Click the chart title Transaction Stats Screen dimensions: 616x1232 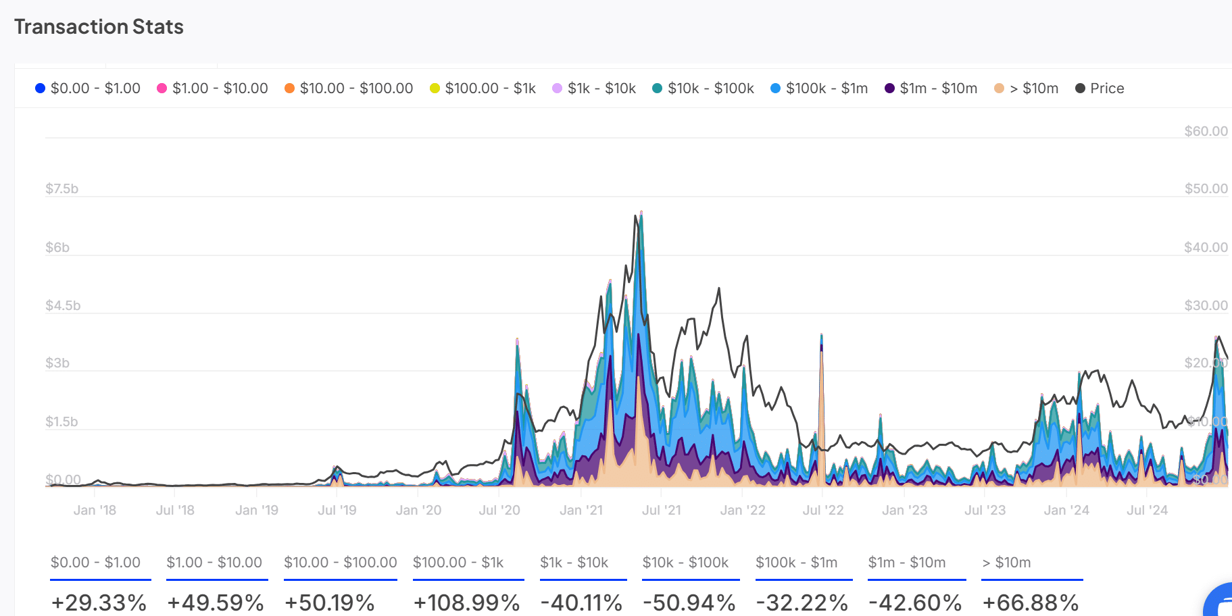click(99, 26)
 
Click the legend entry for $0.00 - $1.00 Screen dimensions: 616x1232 click(88, 88)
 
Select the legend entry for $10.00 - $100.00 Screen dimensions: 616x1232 click(349, 88)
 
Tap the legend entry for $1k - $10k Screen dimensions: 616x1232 click(594, 88)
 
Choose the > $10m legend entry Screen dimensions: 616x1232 click(1026, 88)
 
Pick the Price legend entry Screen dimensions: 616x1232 click(1100, 88)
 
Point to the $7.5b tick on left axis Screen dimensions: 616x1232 click(61, 188)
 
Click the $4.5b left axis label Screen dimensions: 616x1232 click(63, 305)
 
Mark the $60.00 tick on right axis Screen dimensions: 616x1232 click(1206, 131)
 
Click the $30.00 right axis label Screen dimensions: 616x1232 click(1206, 305)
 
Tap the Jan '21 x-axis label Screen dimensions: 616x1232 click(581, 511)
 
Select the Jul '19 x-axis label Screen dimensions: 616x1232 click(337, 511)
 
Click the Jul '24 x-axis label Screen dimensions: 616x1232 click(1147, 511)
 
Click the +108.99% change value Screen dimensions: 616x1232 click(466, 602)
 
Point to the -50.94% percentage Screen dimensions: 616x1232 click(689, 602)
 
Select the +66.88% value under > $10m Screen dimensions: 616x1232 click(1030, 602)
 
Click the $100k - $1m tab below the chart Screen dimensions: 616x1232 click(796, 563)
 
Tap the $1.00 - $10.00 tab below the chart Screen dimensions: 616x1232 click(214, 563)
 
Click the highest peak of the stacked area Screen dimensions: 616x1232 click(641, 213)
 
